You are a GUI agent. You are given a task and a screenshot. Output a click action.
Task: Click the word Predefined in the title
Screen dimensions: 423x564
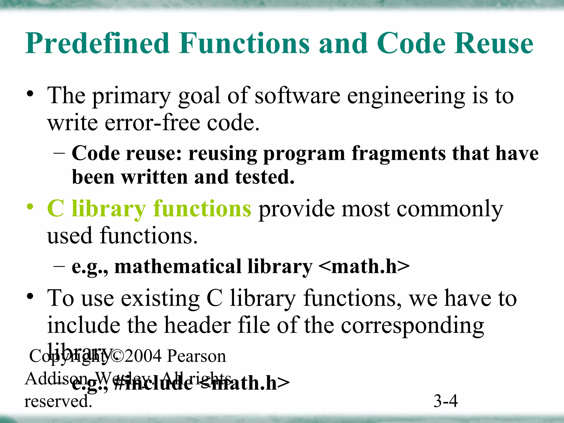pyautogui.click(x=97, y=44)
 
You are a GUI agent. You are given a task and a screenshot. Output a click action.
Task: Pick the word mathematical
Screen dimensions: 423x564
pyautogui.click(x=178, y=267)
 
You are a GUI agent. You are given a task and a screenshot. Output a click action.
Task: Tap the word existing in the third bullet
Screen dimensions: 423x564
pyautogui.click(x=160, y=299)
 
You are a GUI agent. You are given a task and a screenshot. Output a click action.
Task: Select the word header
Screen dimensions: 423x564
pyautogui.click(x=197, y=326)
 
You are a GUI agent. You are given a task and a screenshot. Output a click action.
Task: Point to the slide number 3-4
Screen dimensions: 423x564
pyautogui.click(x=445, y=401)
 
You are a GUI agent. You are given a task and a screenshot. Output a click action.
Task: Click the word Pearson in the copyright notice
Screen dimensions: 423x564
pyautogui.click(x=197, y=356)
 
